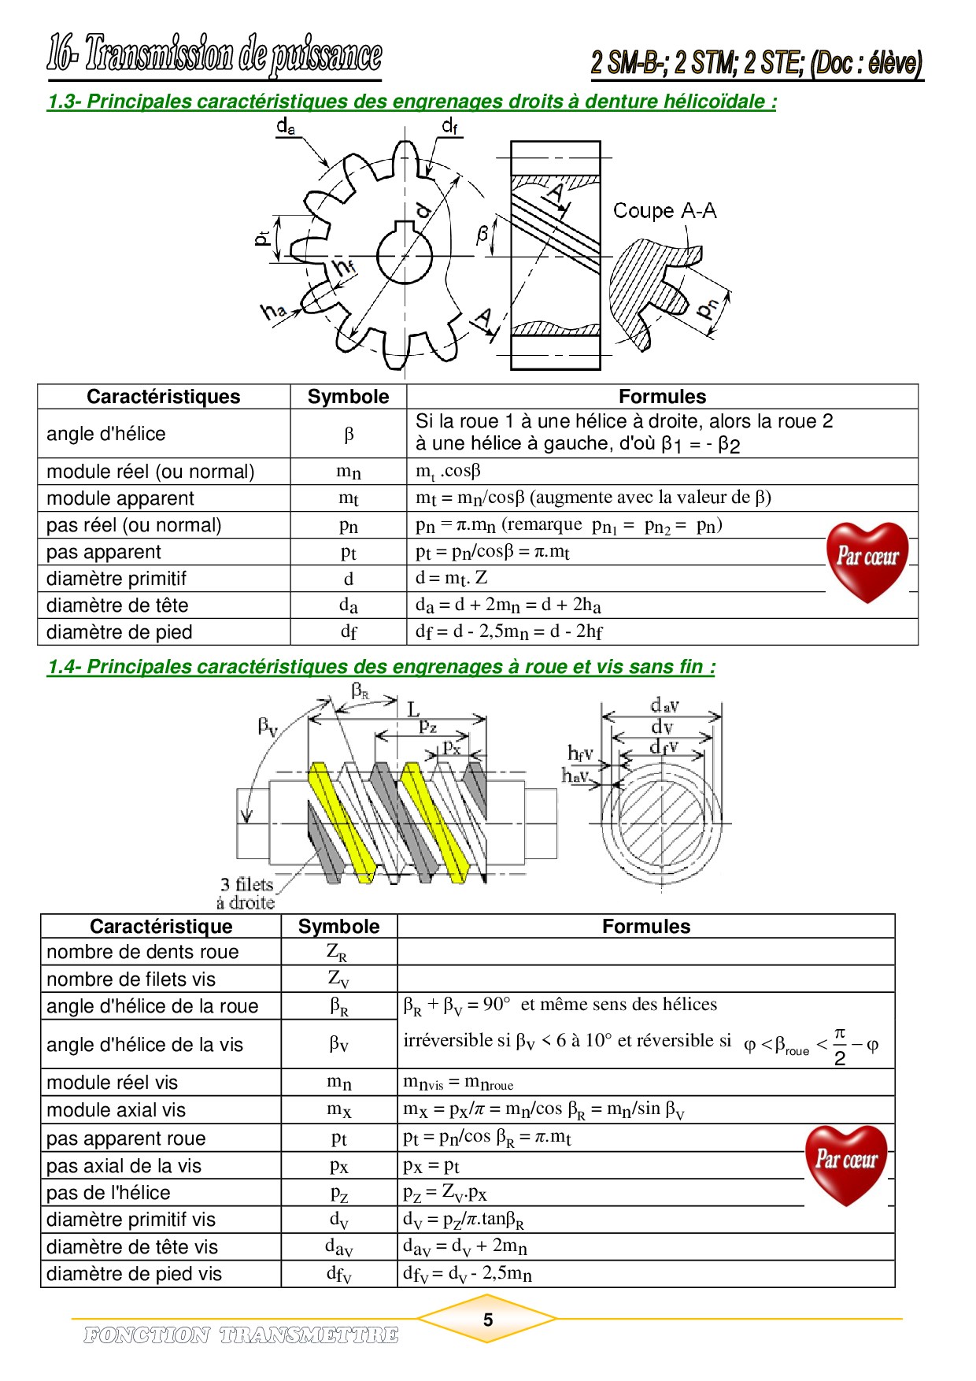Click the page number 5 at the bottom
click(488, 1320)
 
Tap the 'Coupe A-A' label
click(664, 211)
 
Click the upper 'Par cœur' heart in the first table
click(867, 560)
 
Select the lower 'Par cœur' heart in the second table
click(846, 1163)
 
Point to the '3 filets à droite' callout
click(246, 894)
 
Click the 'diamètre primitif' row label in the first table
click(116, 579)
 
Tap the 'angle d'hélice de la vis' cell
click(145, 1045)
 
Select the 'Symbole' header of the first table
click(348, 397)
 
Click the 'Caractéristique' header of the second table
click(161, 927)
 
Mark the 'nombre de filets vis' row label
click(131, 979)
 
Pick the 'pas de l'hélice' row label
click(109, 1193)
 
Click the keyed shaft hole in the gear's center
click(405, 253)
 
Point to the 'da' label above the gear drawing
click(286, 126)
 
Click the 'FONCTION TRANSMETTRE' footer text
click(241, 1335)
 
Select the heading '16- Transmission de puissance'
click(214, 55)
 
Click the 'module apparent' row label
click(120, 498)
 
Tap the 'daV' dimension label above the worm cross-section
click(664, 705)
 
